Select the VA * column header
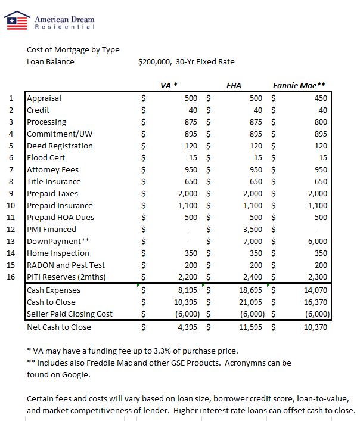pos(170,85)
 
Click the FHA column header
pos(234,85)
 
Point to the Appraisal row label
pos(44,98)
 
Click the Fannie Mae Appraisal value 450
pos(320,98)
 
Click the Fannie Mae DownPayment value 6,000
pos(318,242)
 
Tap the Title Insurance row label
pos(54,182)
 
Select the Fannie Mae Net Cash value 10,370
pos(316,327)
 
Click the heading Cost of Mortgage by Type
pos(73,50)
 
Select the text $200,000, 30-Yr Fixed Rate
pos(186,62)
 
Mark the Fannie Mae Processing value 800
pos(320,122)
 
